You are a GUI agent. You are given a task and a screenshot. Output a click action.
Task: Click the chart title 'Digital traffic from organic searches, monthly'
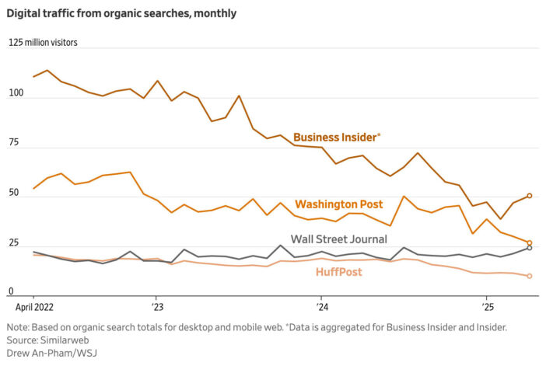click(x=123, y=13)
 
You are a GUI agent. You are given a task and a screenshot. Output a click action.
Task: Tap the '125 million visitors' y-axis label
click(x=44, y=44)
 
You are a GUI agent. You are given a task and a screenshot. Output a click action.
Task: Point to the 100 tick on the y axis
click(x=16, y=94)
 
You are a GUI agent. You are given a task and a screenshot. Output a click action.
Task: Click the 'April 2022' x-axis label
click(x=34, y=307)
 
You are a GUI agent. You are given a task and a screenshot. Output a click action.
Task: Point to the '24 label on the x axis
click(x=320, y=307)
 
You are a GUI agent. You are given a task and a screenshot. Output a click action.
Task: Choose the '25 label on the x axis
click(x=486, y=307)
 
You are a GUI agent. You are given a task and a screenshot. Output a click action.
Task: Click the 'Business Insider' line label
click(x=336, y=138)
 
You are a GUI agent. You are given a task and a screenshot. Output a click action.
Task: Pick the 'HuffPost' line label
click(x=338, y=271)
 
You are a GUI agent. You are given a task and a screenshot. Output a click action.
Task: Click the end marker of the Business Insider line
click(x=529, y=196)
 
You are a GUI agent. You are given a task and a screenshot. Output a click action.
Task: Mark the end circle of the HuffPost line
click(x=529, y=276)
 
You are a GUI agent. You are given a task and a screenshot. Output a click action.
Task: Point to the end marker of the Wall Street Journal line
click(x=529, y=248)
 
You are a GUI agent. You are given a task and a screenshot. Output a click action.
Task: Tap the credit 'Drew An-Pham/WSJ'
click(x=51, y=354)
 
